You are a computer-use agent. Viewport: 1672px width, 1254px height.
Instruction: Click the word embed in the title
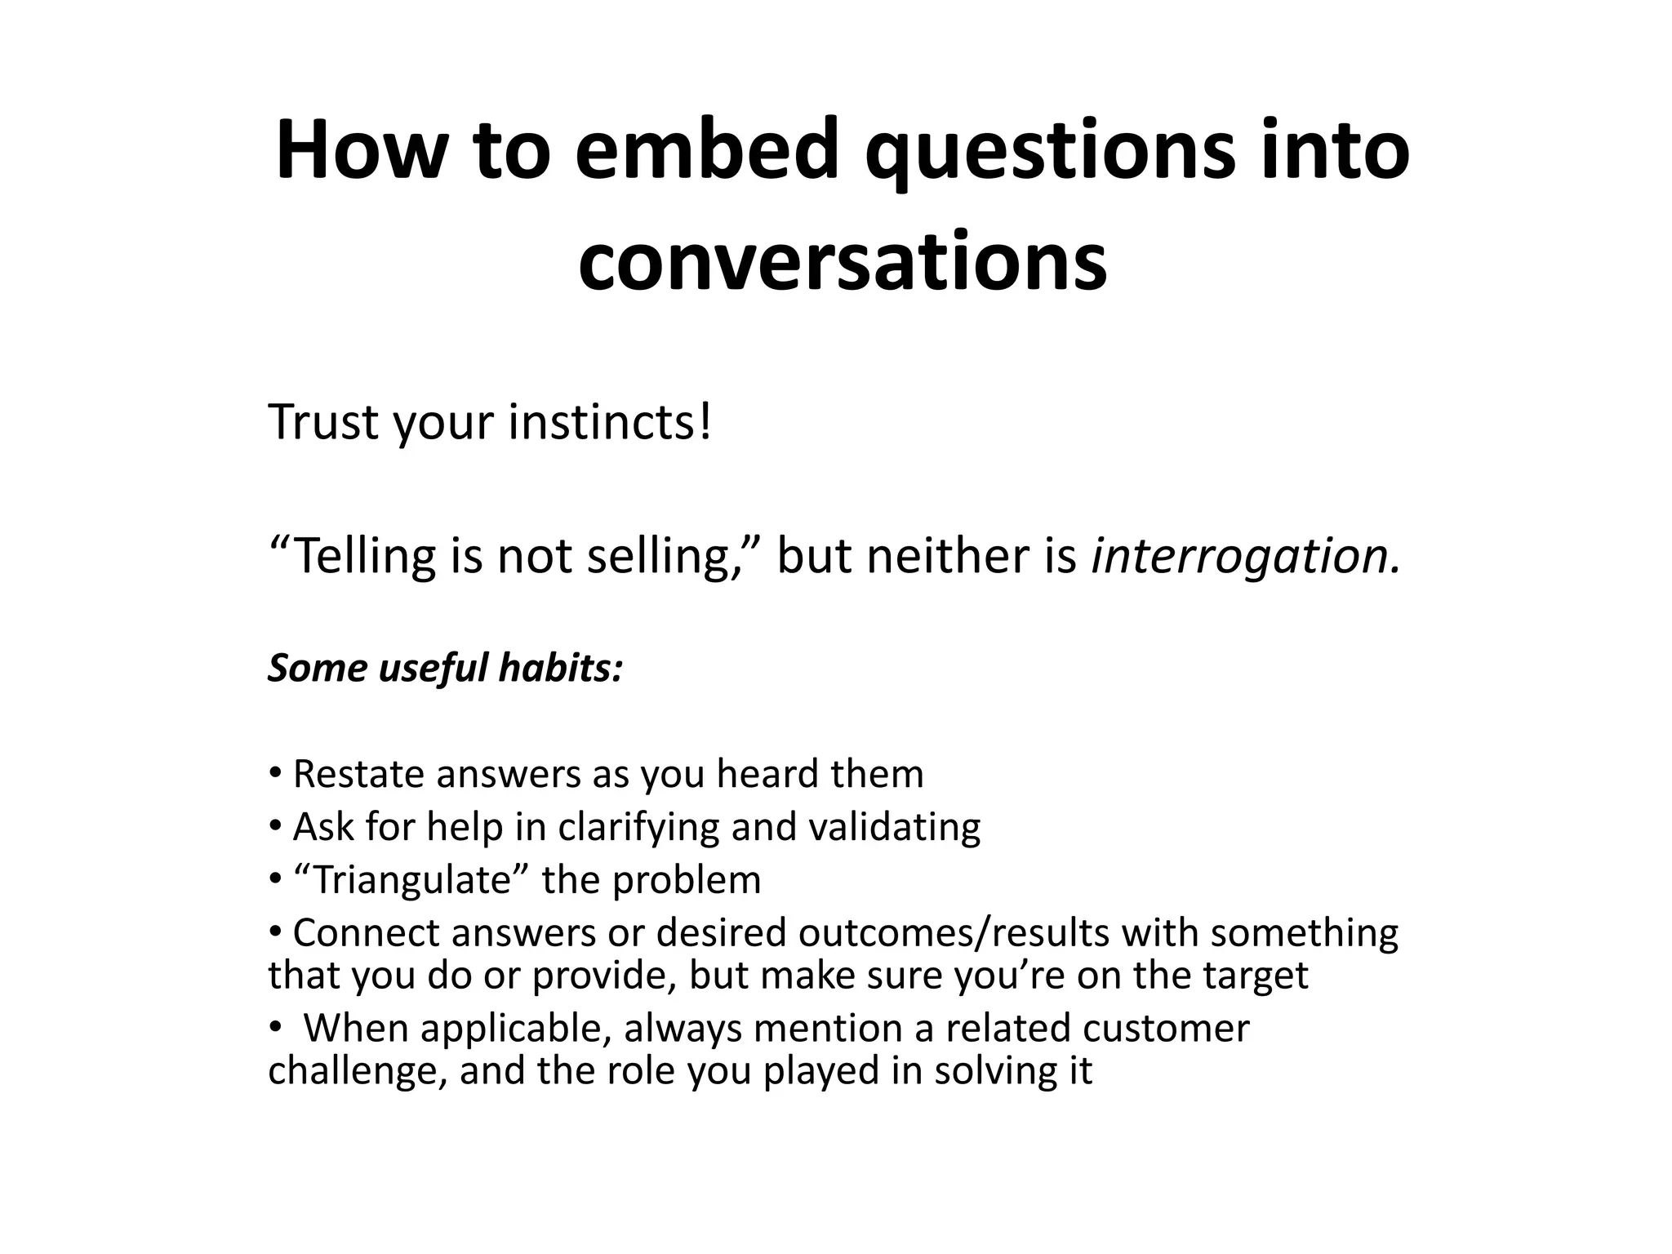click(707, 151)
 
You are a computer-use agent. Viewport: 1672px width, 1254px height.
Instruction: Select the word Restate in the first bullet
click(357, 774)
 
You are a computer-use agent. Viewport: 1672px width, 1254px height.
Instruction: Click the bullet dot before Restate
click(275, 772)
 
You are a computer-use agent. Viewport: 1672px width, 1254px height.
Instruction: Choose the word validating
click(894, 827)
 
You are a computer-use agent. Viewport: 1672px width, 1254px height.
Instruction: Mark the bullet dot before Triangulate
click(275, 879)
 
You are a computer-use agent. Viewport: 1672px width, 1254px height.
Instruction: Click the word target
click(1261, 975)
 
